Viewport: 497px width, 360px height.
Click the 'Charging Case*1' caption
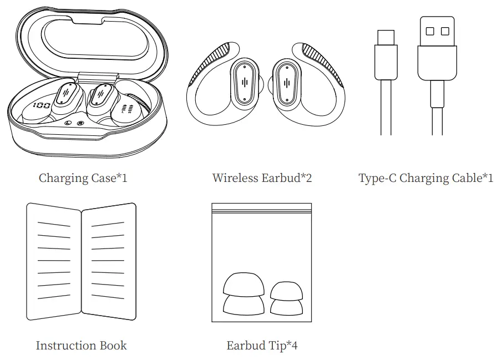(x=83, y=178)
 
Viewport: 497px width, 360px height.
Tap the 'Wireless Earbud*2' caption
(x=262, y=178)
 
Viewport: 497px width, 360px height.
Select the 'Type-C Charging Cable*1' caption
(x=425, y=178)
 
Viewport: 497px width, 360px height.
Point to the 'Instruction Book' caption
(x=81, y=346)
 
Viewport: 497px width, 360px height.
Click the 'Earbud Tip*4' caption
(x=262, y=346)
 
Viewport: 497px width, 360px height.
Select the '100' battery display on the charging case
(x=42, y=105)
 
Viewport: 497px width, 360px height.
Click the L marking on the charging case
(x=68, y=123)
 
